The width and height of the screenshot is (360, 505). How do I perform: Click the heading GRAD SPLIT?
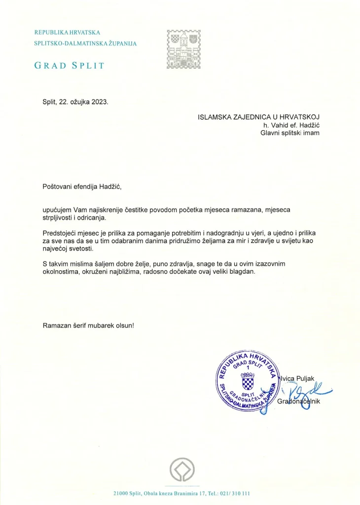tap(69, 65)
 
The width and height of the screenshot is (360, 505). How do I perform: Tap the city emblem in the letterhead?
tap(183, 50)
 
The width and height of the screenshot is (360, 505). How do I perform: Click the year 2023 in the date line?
tap(98, 102)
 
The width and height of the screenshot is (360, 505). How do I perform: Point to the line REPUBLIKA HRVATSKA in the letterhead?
tap(67, 33)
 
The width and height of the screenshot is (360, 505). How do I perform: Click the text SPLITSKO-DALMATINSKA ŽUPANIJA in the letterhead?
tap(85, 43)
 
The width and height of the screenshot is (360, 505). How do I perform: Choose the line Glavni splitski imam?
tap(290, 133)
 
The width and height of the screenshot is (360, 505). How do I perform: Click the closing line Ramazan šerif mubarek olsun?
tap(88, 326)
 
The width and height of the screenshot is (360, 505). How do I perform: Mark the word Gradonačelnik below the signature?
tap(299, 402)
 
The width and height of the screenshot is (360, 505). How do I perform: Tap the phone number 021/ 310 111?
tap(235, 493)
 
